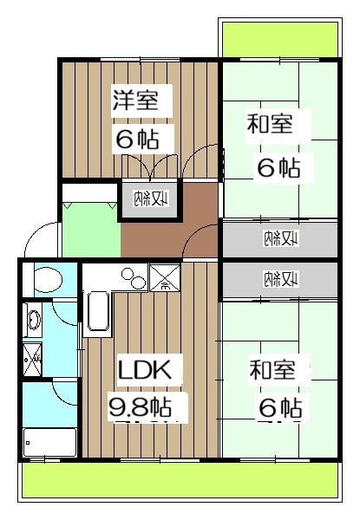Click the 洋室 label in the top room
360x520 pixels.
coord(134,99)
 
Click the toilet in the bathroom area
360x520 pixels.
coord(43,280)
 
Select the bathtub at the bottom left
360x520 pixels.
coord(49,442)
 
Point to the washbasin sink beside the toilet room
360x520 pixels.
coord(32,321)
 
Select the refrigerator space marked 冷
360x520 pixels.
coord(165,278)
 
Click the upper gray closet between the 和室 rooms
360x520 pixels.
coord(278,237)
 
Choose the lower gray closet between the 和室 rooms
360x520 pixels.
coord(278,278)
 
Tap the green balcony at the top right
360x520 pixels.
coord(279,39)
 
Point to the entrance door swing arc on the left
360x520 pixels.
coord(39,238)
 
